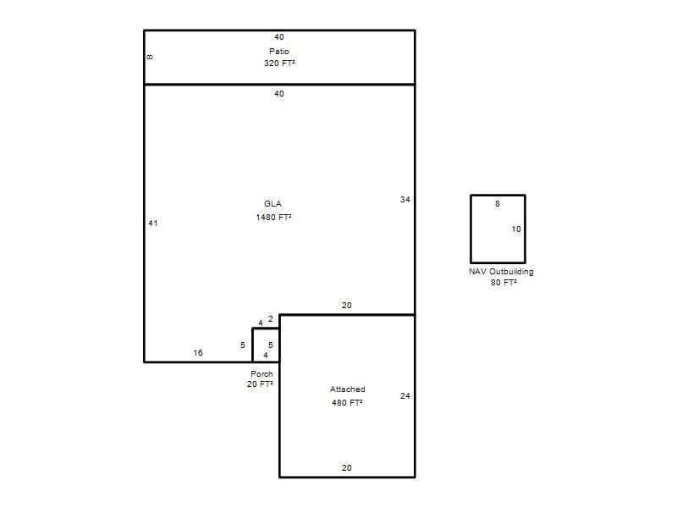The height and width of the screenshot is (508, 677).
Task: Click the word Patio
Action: click(279, 52)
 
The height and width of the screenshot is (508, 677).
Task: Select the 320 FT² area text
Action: click(279, 63)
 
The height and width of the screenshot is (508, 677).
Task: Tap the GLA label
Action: click(272, 204)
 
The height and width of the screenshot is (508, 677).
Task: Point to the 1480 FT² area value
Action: click(273, 218)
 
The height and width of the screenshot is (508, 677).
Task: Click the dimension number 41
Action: click(153, 224)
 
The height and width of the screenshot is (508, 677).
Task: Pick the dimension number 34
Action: click(405, 200)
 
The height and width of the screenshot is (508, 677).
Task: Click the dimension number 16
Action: click(198, 353)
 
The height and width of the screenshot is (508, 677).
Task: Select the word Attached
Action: click(348, 389)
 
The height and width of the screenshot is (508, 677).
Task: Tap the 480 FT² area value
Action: click(347, 403)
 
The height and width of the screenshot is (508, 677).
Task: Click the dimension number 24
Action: click(405, 396)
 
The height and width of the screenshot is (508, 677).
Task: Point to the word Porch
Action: click(261, 374)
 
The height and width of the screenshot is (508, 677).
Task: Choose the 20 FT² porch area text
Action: click(260, 384)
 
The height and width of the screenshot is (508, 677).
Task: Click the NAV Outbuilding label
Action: click(501, 272)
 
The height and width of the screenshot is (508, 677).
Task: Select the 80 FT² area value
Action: click(504, 283)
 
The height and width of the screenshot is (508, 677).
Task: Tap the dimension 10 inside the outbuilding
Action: click(516, 229)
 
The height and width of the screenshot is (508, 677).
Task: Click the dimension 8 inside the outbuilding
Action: click(498, 204)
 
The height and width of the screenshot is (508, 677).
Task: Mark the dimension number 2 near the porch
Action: click(271, 319)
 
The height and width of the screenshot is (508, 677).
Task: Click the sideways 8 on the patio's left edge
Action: click(150, 57)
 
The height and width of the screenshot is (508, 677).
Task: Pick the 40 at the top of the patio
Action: click(279, 37)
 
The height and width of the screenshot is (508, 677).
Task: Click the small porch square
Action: click(252, 345)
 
